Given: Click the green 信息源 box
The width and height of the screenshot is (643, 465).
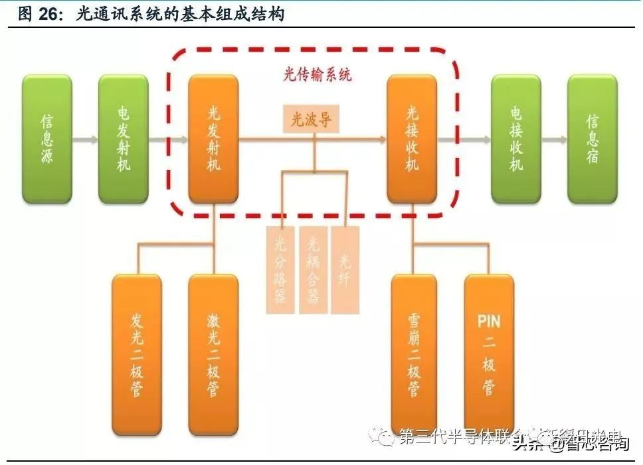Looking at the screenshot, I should [x=46, y=139].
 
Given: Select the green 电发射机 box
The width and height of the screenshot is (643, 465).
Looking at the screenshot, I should [x=123, y=139].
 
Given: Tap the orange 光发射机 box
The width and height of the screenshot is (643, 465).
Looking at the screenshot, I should [x=213, y=139].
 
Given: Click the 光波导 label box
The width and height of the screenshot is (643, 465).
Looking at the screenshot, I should [x=311, y=119].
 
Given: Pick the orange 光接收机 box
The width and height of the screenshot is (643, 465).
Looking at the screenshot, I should [x=412, y=139].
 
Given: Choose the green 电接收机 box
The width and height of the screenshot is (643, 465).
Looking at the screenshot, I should [x=516, y=139].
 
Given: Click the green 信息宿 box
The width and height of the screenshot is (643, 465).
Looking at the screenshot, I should [x=593, y=139].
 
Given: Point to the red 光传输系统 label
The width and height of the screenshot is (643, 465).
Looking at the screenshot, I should [x=318, y=75].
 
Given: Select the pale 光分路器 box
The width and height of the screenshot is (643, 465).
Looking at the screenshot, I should [x=280, y=269].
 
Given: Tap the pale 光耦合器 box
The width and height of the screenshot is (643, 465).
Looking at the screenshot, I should [x=313, y=269].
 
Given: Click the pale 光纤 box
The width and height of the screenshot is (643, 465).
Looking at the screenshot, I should [x=345, y=269].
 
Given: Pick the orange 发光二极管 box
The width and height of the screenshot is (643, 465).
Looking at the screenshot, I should [x=136, y=355].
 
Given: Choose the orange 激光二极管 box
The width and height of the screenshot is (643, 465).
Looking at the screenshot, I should [x=213, y=355].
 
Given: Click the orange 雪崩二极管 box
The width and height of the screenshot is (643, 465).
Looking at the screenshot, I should [x=414, y=355].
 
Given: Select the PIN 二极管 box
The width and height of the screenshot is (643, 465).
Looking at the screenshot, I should [x=489, y=355].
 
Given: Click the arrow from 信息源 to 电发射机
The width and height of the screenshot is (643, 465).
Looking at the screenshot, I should [x=85, y=140].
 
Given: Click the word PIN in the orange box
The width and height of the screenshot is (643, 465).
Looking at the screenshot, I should [x=489, y=322].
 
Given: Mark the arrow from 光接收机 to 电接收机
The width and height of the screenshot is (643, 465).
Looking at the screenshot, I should [x=464, y=140].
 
